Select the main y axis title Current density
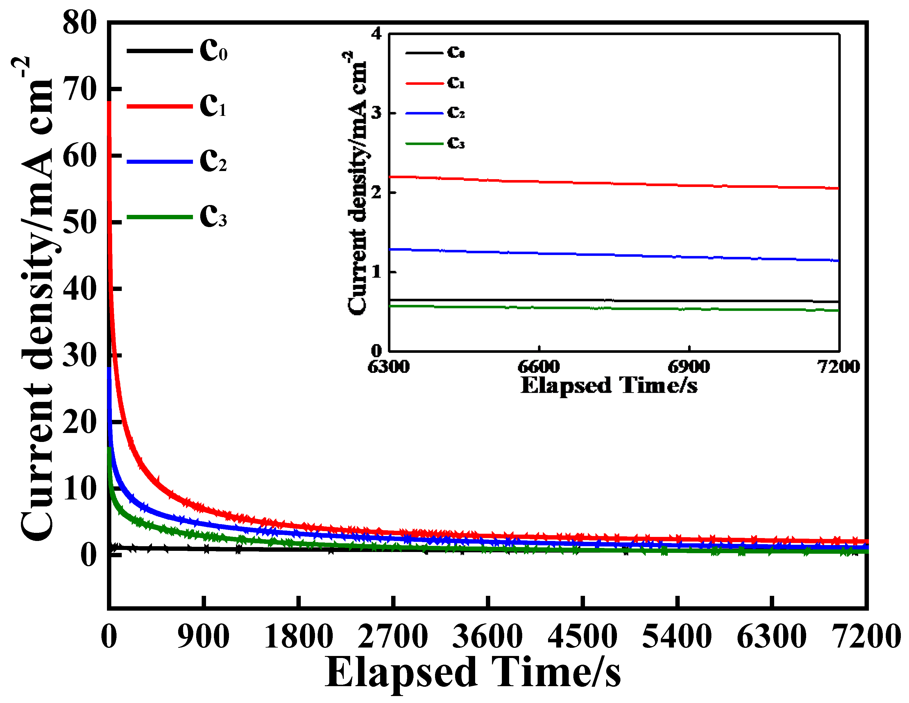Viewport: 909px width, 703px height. tap(37, 299)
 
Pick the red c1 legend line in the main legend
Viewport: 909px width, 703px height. tap(160, 107)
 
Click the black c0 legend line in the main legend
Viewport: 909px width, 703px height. tap(160, 51)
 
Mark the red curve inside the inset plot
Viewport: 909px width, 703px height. tap(612, 183)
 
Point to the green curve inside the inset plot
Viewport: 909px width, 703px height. tap(612, 308)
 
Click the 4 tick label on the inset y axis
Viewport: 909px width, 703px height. tap(377, 33)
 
